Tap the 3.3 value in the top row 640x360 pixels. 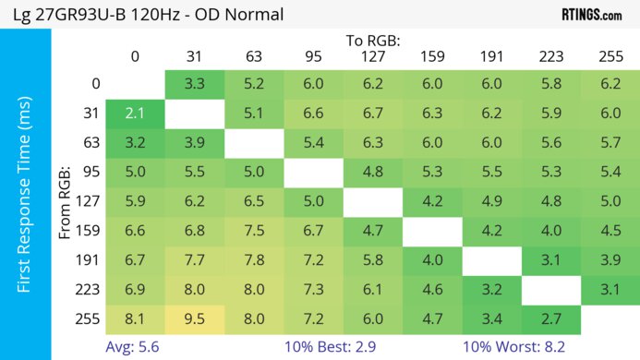pyautogui.click(x=195, y=84)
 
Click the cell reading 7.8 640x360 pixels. pyautogui.click(x=254, y=261)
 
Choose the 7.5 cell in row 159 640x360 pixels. pyautogui.click(x=254, y=232)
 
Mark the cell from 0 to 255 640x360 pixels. pyautogui.click(x=610, y=84)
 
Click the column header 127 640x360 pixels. pyautogui.click(x=373, y=56)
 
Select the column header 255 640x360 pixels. pyautogui.click(x=610, y=56)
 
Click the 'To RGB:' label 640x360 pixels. pyautogui.click(x=373, y=41)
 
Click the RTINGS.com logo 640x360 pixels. pyautogui.click(x=592, y=15)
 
